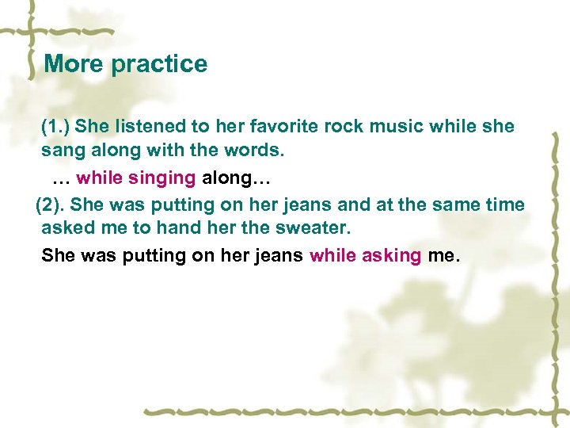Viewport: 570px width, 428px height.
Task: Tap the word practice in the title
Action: (x=159, y=64)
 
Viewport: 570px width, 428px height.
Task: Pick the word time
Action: (x=503, y=204)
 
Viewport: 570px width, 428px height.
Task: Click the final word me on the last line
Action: (x=442, y=255)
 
